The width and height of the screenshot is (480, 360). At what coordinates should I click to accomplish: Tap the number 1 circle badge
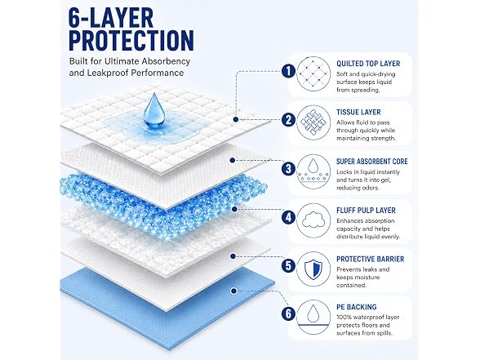point(288,71)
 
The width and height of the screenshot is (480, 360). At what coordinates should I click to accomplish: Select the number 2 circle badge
point(288,120)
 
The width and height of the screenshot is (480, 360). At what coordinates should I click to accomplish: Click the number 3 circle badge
point(288,169)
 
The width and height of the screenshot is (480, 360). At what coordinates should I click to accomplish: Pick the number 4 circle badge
point(288,218)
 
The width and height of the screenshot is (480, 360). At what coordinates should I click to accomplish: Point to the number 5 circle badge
point(288,265)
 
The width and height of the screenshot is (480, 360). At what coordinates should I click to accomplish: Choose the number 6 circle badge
point(288,313)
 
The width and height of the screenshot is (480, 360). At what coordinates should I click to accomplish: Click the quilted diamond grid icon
point(313,73)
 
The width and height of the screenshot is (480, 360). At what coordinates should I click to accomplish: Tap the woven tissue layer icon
point(313,122)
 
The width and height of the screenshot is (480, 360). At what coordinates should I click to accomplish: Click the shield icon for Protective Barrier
point(313,269)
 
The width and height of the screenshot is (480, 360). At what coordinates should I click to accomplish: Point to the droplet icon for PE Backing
point(313,313)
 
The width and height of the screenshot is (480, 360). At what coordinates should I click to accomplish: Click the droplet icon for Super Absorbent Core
point(313,166)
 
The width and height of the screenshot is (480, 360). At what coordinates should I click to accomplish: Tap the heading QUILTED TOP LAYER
point(368,64)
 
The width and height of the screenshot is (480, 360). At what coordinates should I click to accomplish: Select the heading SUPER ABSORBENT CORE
point(372,162)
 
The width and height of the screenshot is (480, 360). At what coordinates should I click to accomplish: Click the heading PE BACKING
point(356,307)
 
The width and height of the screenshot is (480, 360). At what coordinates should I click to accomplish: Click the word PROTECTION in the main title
point(131,41)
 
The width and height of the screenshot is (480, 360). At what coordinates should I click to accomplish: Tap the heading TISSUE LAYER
point(358,113)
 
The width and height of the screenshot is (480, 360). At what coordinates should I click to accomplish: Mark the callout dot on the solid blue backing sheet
point(233,291)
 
